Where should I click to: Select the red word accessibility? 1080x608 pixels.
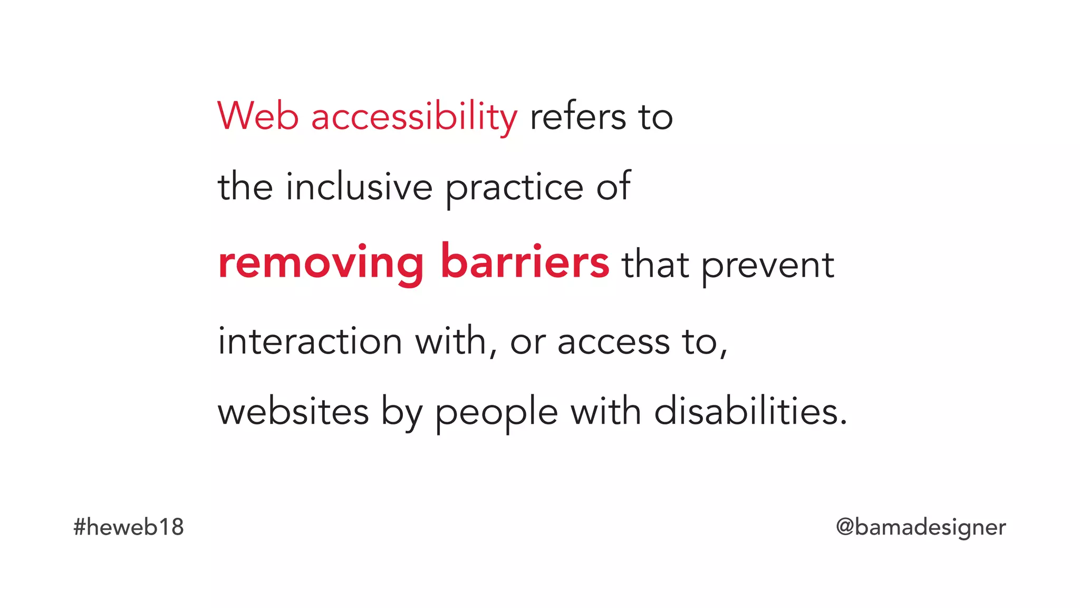(414, 117)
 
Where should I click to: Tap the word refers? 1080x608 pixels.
(578, 117)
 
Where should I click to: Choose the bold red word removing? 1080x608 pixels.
(321, 263)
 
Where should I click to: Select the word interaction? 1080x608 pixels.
(310, 341)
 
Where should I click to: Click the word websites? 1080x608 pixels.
(293, 412)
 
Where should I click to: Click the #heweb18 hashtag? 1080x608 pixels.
(129, 527)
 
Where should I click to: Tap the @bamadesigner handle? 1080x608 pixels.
(921, 527)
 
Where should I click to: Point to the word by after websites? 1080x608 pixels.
(401, 412)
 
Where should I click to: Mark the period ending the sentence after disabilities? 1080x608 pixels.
(843, 422)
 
